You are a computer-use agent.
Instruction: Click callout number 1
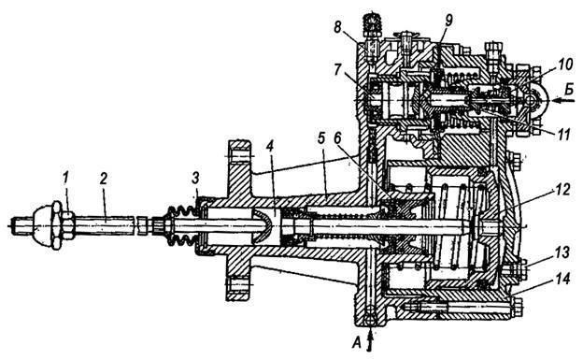tap(65, 180)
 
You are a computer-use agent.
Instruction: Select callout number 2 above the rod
tap(103, 180)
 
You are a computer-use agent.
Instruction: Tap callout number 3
tap(196, 179)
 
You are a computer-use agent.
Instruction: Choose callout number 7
tap(338, 70)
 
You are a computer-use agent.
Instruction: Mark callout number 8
tap(337, 27)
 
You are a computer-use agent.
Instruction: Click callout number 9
tap(448, 21)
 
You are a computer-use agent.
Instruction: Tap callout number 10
tap(565, 65)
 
